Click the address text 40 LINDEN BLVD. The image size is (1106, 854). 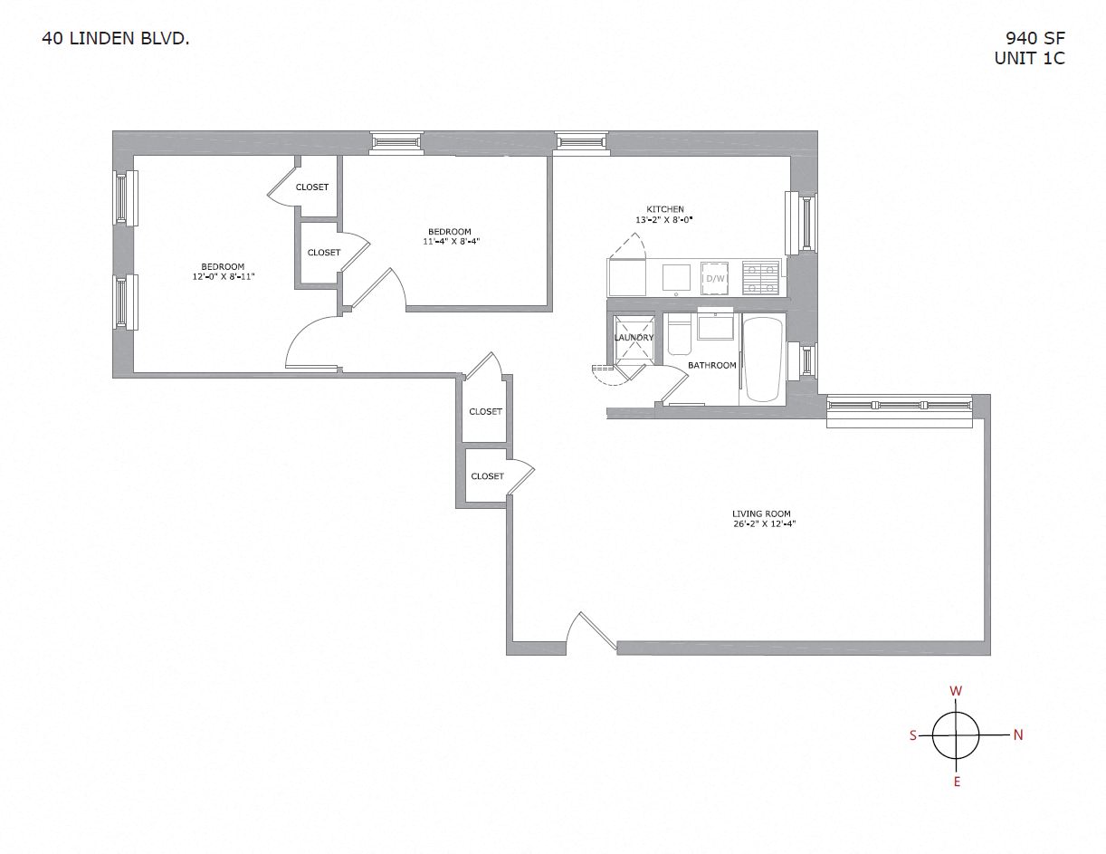(x=115, y=39)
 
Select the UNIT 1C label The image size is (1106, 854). (x=1029, y=59)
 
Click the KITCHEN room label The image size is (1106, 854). (x=664, y=209)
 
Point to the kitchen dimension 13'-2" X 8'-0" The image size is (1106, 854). (x=664, y=220)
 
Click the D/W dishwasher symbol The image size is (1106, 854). (x=715, y=277)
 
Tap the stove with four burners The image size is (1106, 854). (x=761, y=277)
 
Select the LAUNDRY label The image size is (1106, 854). (x=634, y=338)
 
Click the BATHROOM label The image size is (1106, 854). (x=711, y=366)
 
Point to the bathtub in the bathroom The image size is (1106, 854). (x=761, y=359)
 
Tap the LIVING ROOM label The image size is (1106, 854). (x=762, y=514)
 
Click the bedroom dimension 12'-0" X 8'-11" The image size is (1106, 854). (x=224, y=276)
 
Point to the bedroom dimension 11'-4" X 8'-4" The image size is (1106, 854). (x=449, y=242)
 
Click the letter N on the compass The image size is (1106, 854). (x=1018, y=735)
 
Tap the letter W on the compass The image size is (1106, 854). (x=956, y=691)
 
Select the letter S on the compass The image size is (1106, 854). (x=913, y=735)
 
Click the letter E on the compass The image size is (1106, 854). (x=957, y=782)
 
